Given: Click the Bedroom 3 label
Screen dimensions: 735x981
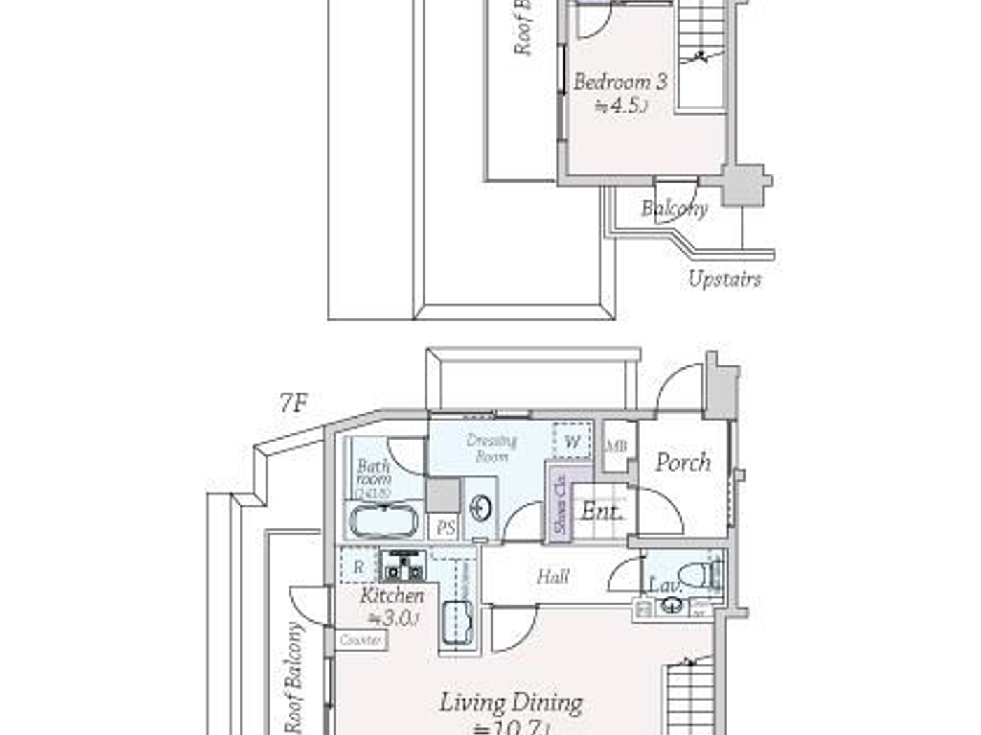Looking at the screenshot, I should pyautogui.click(x=620, y=82).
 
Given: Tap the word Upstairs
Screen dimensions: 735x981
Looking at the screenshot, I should pyautogui.click(x=724, y=279).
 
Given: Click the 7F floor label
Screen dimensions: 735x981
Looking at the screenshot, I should pyautogui.click(x=294, y=402).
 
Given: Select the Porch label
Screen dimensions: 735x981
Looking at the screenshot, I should pyautogui.click(x=682, y=463).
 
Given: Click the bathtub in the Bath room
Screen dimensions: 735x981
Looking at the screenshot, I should pyautogui.click(x=383, y=521).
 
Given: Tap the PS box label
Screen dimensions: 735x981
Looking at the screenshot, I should pyautogui.click(x=446, y=528).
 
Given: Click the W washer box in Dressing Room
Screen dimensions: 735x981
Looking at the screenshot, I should pyautogui.click(x=572, y=442).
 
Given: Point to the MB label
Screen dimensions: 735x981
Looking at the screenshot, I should pyautogui.click(x=617, y=446).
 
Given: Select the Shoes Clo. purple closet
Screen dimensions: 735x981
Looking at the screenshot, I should pyautogui.click(x=560, y=503).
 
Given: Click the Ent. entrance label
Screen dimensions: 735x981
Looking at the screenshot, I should pyautogui.click(x=601, y=512).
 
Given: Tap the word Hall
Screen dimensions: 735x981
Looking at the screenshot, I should pyautogui.click(x=553, y=577).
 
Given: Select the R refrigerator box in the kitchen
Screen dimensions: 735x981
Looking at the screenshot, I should pyautogui.click(x=359, y=567).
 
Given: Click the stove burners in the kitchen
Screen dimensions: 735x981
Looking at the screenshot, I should pyautogui.click(x=404, y=566).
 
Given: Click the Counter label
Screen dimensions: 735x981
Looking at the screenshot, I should pyautogui.click(x=360, y=640).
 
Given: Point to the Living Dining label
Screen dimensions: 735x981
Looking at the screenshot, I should pyautogui.click(x=511, y=703).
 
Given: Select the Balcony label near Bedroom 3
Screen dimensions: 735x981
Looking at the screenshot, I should pyautogui.click(x=674, y=208).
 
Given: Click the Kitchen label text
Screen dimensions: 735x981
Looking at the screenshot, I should pyautogui.click(x=392, y=596).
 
